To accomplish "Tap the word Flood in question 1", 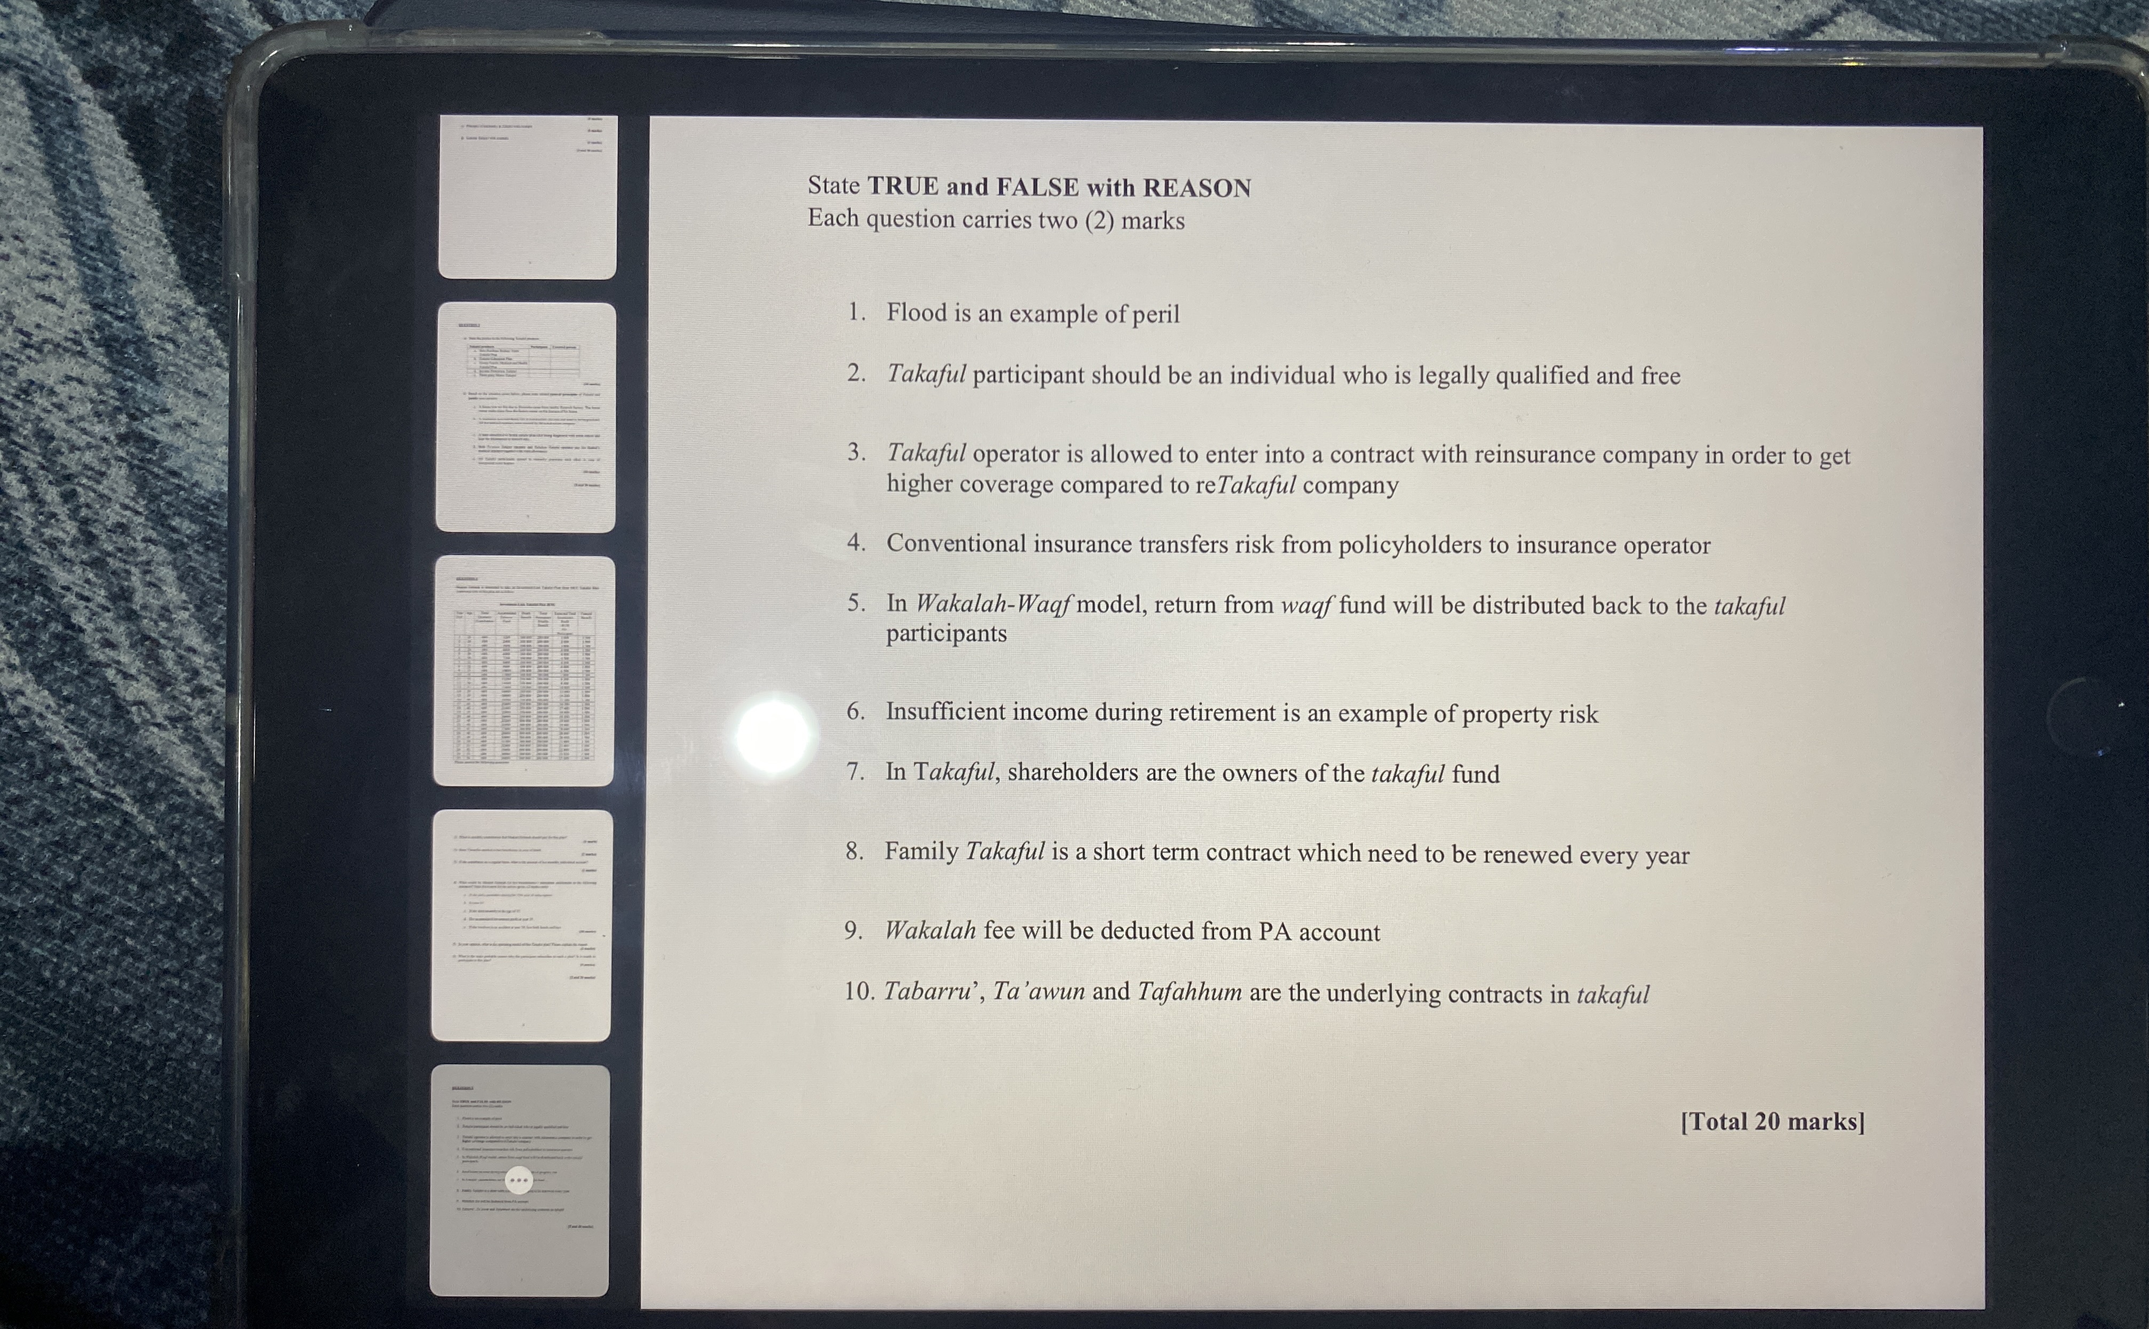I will pyautogui.click(x=916, y=313).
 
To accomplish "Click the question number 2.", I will pyautogui.click(x=856, y=373).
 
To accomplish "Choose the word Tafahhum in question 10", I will pyautogui.click(x=1189, y=992).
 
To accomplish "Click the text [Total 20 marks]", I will pyautogui.click(x=1772, y=1123).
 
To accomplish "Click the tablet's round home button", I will pyautogui.click(x=2086, y=718).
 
